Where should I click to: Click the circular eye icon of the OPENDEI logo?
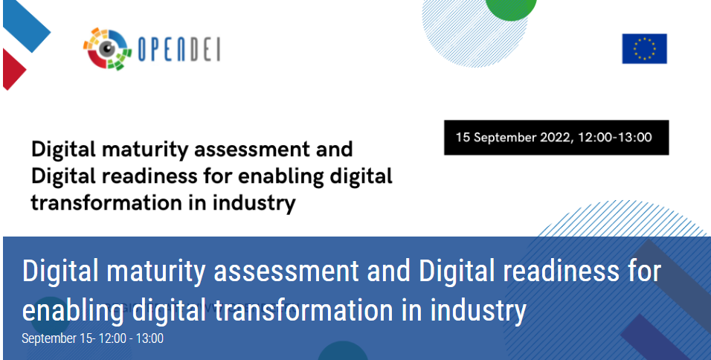[107, 49]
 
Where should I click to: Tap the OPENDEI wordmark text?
[179, 49]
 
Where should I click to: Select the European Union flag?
[644, 48]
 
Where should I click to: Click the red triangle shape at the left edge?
[13, 69]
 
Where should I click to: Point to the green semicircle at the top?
[511, 9]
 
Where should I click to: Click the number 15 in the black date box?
[463, 138]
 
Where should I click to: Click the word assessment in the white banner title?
[286, 271]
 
